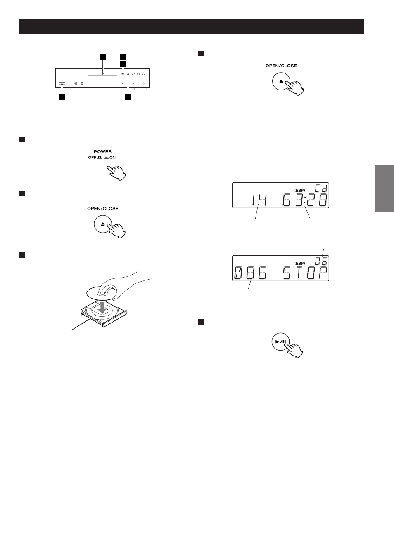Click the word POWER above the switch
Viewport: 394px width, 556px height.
point(103,151)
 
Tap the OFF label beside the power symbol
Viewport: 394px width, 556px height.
point(92,158)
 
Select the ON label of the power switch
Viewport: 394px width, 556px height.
point(113,158)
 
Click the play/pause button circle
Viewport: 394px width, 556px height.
point(281,342)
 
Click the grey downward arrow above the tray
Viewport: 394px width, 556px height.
point(102,307)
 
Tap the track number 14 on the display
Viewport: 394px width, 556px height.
point(259,200)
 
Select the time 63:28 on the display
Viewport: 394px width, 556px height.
point(305,200)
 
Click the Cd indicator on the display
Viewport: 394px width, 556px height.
point(321,188)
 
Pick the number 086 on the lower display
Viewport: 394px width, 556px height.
point(250,273)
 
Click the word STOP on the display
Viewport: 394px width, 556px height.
point(305,273)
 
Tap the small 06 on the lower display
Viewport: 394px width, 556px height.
point(321,261)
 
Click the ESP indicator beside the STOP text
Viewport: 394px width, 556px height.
point(300,263)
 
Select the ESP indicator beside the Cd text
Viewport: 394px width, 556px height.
point(300,191)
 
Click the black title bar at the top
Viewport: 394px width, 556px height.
point(192,26)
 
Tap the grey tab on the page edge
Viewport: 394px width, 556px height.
point(385,188)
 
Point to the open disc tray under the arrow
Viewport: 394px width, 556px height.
point(104,314)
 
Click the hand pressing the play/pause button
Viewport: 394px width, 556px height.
point(294,350)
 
